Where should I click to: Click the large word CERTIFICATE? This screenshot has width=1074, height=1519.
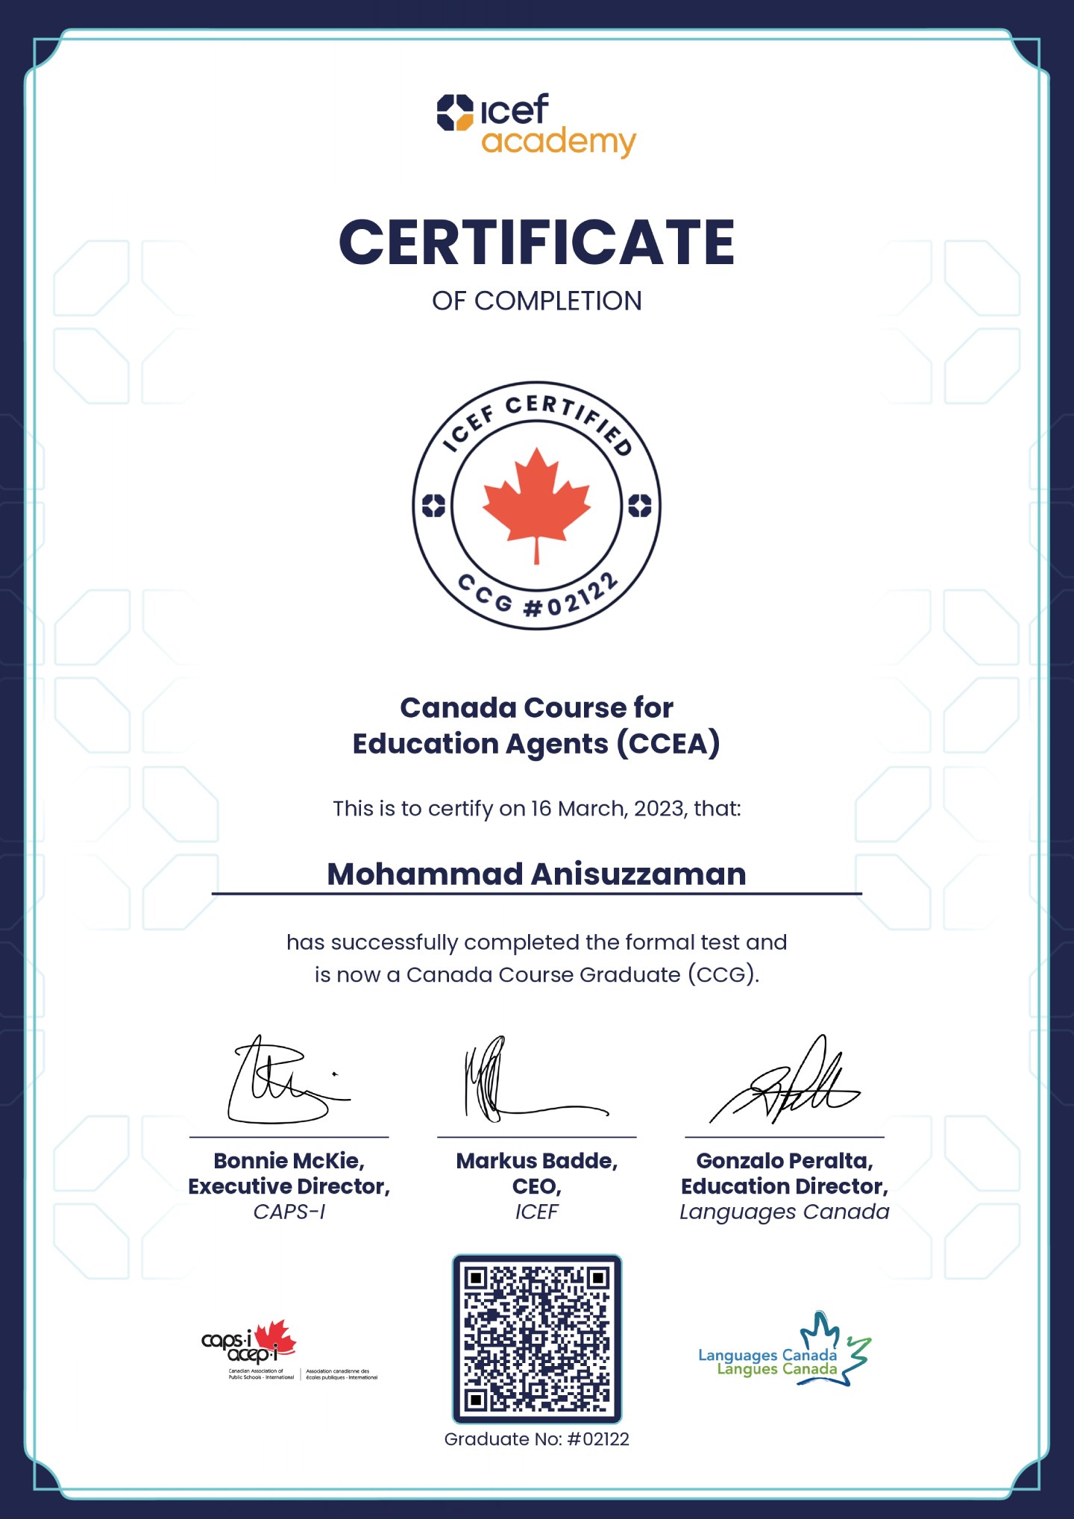[x=536, y=243]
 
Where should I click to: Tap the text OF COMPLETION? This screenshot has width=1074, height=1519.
[x=536, y=301]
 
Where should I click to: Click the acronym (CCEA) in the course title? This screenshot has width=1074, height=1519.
[x=668, y=744]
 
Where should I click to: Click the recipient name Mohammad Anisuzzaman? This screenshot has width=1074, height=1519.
[x=536, y=874]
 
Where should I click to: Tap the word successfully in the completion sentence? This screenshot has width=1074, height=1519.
[x=394, y=942]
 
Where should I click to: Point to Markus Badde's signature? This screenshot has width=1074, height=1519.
[x=522, y=1082]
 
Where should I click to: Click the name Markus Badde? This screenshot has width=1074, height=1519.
[x=536, y=1161]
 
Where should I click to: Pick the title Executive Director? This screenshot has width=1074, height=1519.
[x=289, y=1186]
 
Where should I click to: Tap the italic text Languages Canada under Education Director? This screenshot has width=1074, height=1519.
[x=784, y=1212]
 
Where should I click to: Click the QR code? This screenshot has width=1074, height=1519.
[x=536, y=1339]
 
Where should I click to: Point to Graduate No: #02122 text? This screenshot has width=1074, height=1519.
[x=536, y=1439]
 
